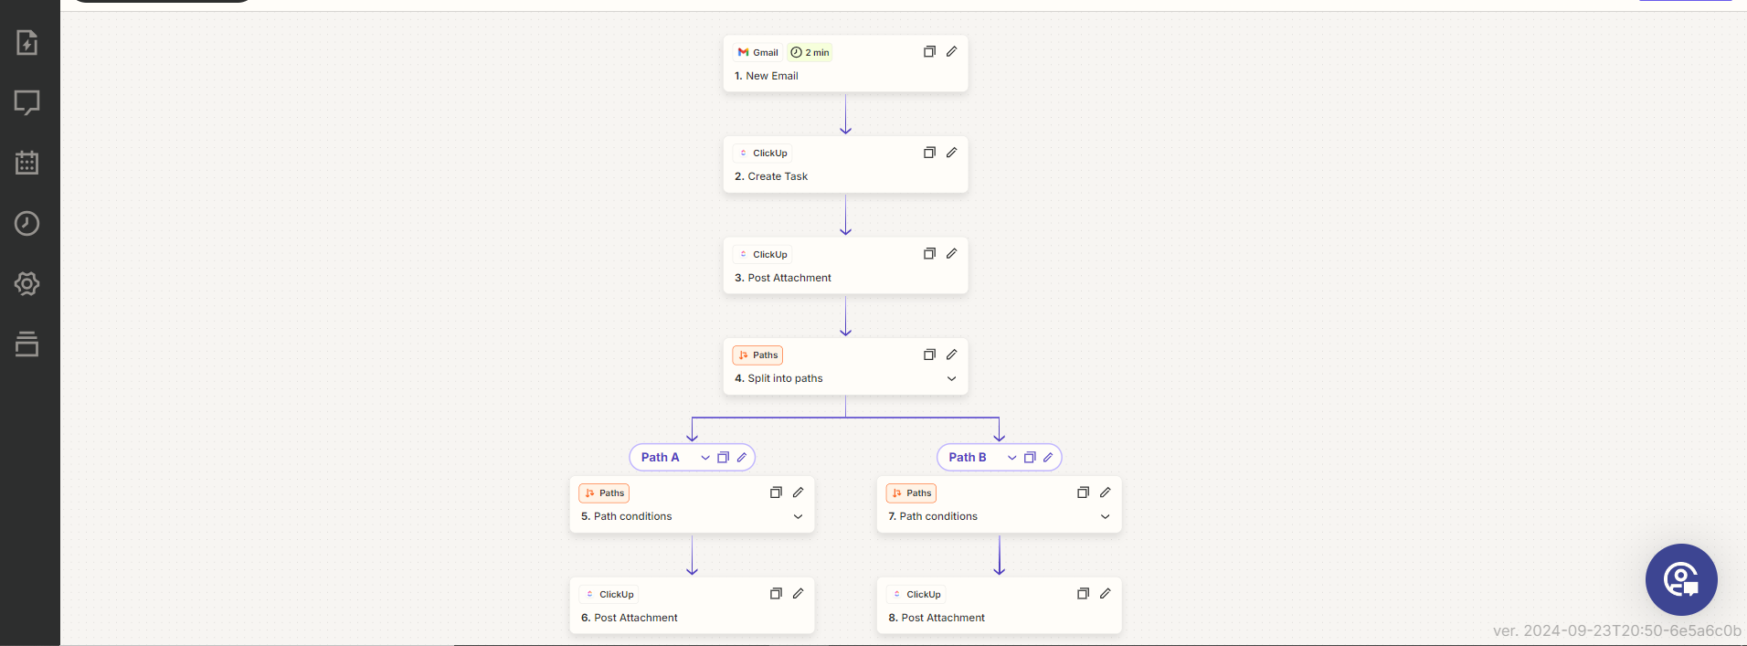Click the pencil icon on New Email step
(951, 51)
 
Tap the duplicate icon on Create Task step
(929, 153)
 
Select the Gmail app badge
(757, 52)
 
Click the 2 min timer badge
(810, 52)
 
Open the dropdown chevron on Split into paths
(951, 378)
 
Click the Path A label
(660, 457)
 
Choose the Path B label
(967, 457)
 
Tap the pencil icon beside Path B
(1048, 457)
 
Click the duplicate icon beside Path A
(723, 457)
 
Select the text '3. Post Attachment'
(783, 278)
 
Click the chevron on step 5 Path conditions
(798, 516)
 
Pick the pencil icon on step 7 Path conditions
(1105, 492)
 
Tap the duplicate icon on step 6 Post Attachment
(776, 593)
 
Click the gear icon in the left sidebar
(27, 283)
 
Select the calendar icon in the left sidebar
(27, 163)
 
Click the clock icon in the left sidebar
(27, 223)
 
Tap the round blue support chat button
(1681, 579)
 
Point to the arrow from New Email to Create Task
(845, 113)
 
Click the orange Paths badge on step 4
(757, 355)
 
